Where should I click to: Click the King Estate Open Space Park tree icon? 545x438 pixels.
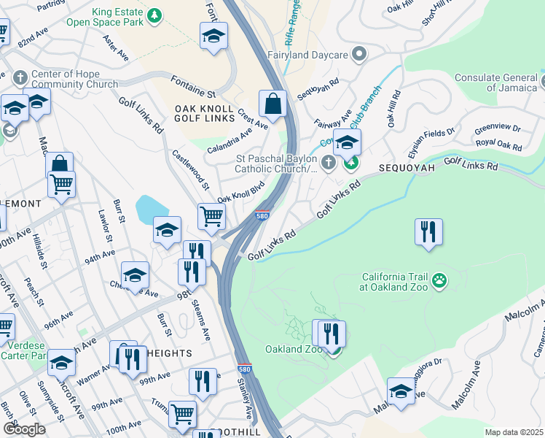154,15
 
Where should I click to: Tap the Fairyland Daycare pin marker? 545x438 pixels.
358,53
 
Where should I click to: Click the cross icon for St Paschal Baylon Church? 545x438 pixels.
328,162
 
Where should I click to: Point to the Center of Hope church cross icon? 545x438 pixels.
20,77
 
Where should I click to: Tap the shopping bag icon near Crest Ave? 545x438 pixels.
272,105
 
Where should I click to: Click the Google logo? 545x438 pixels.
24,429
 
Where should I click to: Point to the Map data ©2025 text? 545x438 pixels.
513,432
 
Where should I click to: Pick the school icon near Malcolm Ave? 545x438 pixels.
401,391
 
